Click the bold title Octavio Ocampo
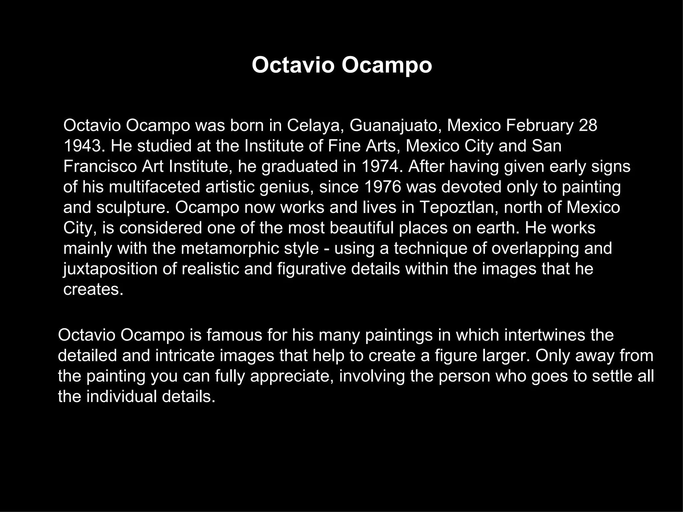point(341,65)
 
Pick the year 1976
point(383,187)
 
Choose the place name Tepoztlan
point(459,208)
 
